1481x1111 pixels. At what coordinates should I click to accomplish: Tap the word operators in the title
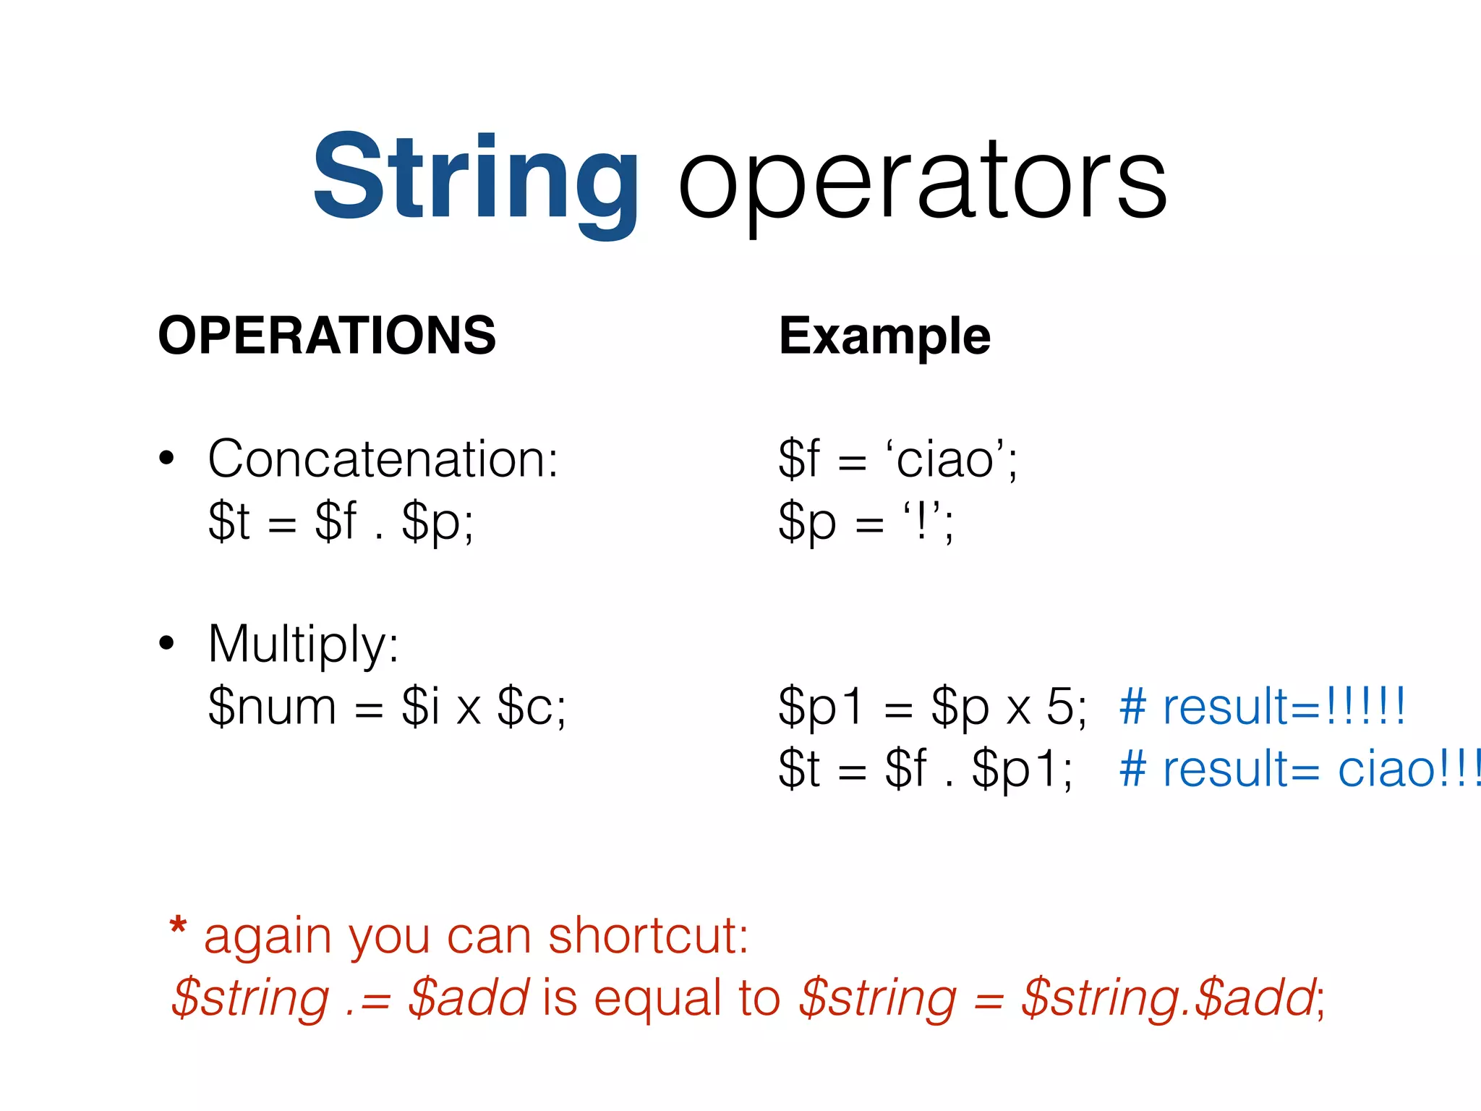922,181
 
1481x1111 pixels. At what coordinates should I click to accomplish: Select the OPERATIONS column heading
327,336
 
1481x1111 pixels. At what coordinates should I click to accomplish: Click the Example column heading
884,336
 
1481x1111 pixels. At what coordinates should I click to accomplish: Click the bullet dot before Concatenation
167,459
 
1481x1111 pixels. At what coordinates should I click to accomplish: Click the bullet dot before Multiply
167,643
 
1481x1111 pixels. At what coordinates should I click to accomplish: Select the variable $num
272,707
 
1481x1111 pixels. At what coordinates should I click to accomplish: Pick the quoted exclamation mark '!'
921,521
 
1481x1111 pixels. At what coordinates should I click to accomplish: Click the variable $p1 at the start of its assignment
820,707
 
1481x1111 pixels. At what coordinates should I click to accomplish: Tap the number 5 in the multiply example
1061,707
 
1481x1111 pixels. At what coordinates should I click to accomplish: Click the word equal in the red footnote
657,998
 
